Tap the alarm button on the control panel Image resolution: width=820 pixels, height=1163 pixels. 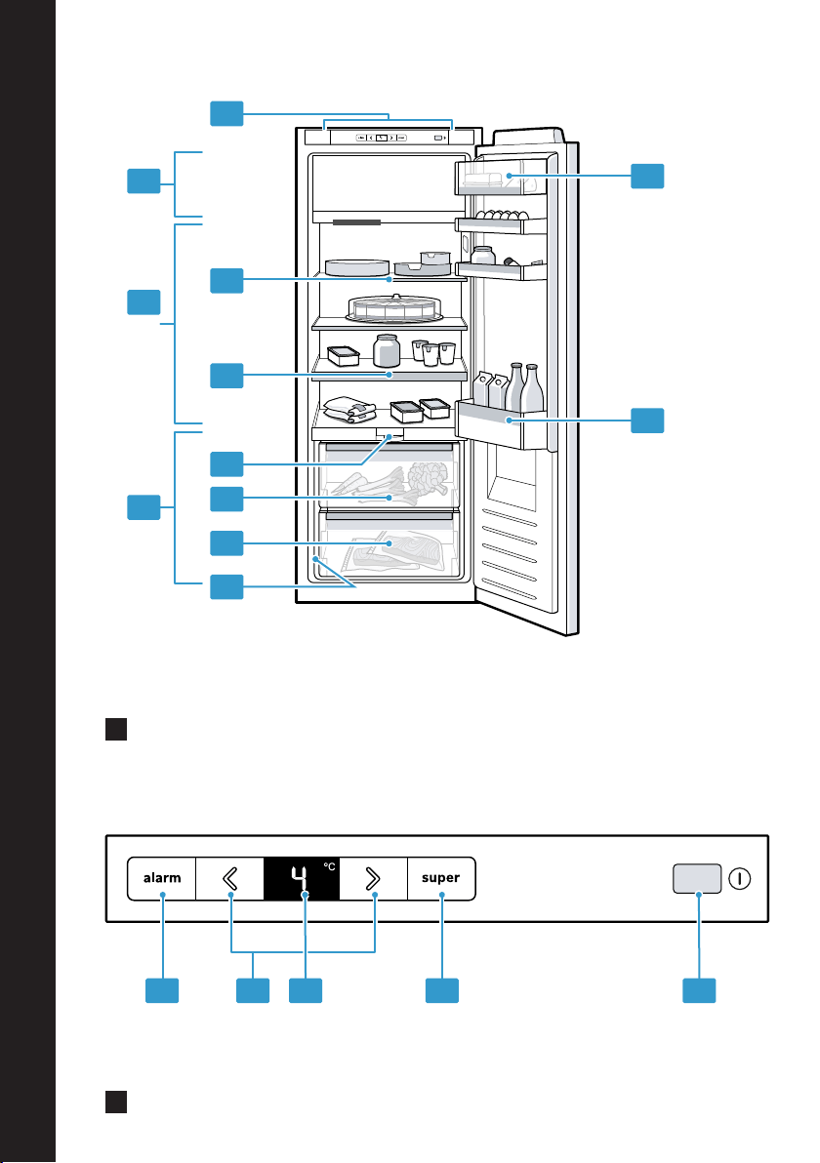(162, 878)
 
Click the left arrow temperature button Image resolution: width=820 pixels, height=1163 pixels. (230, 879)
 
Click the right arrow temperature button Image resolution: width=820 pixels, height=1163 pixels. (373, 879)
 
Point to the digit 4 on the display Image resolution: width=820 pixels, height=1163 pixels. (299, 879)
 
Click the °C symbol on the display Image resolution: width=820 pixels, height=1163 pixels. (329, 866)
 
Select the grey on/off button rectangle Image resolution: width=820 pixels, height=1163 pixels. (697, 878)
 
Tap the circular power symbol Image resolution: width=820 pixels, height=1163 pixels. (740, 879)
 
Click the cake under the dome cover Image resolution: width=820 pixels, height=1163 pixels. (394, 308)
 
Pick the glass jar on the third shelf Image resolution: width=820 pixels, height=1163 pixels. (387, 350)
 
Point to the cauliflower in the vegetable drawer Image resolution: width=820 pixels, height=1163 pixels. (429, 476)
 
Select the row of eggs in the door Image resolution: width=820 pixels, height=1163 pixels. (498, 215)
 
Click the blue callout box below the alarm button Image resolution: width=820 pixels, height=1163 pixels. (162, 991)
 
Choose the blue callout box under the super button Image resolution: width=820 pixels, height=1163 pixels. (441, 991)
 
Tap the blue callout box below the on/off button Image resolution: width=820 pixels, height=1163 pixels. (699, 991)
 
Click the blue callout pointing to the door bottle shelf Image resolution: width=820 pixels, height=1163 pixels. (647, 421)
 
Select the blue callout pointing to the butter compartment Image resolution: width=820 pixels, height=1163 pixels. (647, 176)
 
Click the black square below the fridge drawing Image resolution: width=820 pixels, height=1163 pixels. (116, 729)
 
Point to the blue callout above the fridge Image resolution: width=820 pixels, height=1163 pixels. (226, 113)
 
